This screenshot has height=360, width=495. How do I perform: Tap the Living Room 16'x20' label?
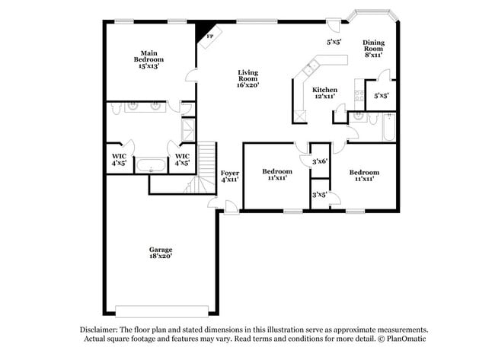pyautogui.click(x=248, y=79)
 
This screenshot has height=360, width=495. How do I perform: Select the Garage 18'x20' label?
pyautogui.click(x=160, y=253)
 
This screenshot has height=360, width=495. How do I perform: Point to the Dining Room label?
pyautogui.click(x=373, y=49)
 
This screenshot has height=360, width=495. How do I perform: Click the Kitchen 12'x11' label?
pyautogui.click(x=325, y=93)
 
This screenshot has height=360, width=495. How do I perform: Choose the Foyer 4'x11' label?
pyautogui.click(x=229, y=177)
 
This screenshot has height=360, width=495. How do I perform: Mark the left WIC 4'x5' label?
pyautogui.click(x=119, y=160)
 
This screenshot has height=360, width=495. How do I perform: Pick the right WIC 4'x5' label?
pyautogui.click(x=182, y=160)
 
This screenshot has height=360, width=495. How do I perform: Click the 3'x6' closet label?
pyautogui.click(x=320, y=161)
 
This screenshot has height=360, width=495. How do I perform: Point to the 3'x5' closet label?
pyautogui.click(x=320, y=195)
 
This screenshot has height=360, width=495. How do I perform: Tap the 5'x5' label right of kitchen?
pyautogui.click(x=381, y=96)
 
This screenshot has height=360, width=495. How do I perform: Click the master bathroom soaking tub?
pyautogui.click(x=151, y=165)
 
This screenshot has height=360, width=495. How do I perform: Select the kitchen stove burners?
pyautogui.click(x=359, y=96)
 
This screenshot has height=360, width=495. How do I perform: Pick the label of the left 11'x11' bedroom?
pyautogui.click(x=276, y=176)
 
